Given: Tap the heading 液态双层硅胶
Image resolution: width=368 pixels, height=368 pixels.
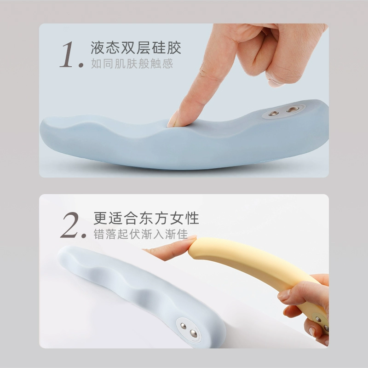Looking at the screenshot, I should tap(136, 47).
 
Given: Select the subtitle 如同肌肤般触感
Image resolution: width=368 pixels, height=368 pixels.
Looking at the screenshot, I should tap(132, 63).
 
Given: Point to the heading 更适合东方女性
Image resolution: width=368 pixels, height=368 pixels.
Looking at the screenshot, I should tap(146, 217).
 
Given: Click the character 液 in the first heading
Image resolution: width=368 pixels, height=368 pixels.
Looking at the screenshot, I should tap(98, 47).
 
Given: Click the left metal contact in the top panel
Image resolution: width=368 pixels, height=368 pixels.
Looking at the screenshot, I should tap(274, 113).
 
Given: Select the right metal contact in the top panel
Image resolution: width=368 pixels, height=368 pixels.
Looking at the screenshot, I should tap(291, 109).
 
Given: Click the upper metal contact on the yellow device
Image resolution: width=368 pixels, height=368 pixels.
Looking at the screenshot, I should tap(318, 318).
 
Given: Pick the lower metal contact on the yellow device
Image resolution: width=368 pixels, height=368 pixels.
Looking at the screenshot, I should tap(325, 328).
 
